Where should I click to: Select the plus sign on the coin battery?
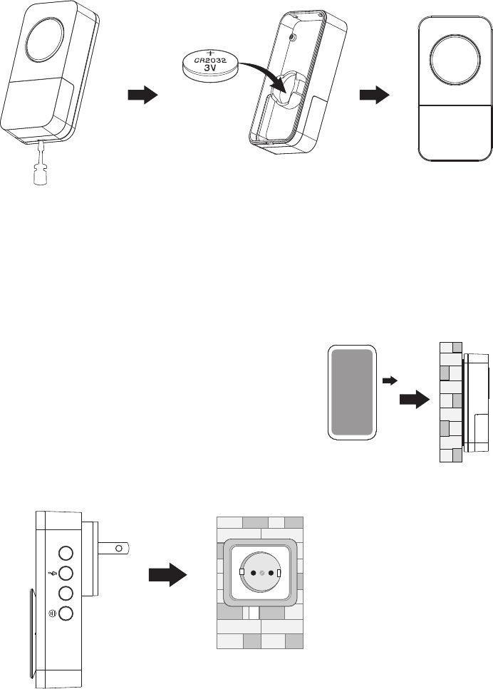(210, 53)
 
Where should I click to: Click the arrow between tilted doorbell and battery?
(142, 97)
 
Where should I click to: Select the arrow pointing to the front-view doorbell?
(375, 97)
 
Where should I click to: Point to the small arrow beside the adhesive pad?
(389, 381)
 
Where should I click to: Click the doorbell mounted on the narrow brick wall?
(477, 402)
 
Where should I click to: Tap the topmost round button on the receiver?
(66, 553)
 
